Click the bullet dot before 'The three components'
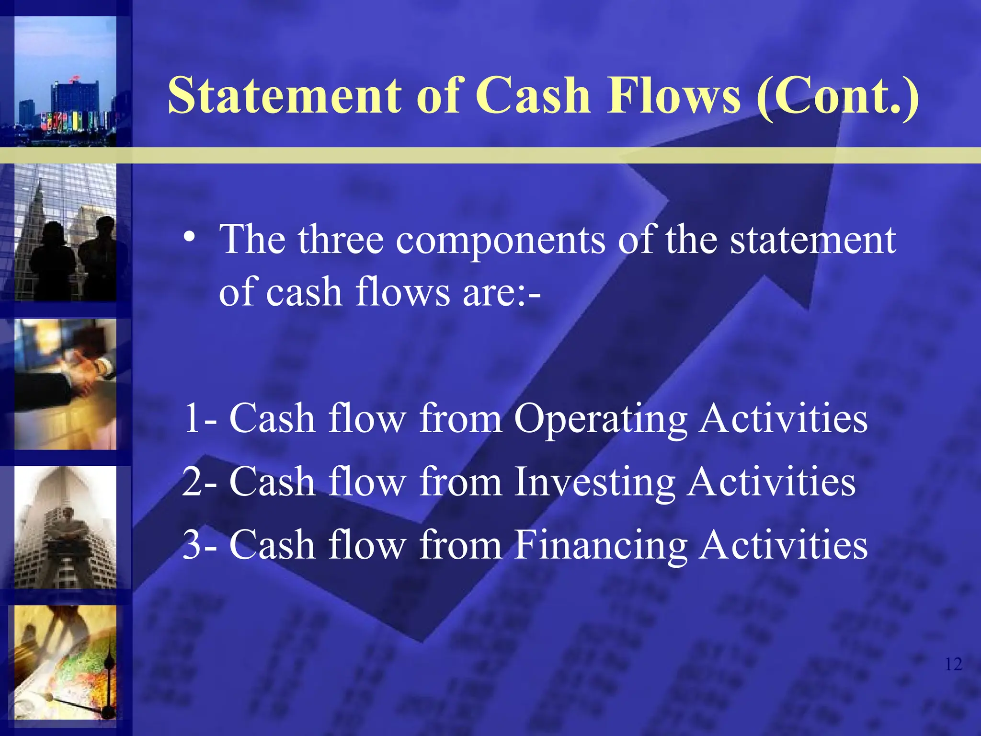tap(190, 238)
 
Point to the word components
tap(500, 240)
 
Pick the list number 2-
tap(200, 482)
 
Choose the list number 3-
tap(200, 545)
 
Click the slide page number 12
tap(953, 664)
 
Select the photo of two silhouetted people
tap(65, 233)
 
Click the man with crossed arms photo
tap(65, 527)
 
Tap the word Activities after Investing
tap(772, 482)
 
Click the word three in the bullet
tap(341, 239)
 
